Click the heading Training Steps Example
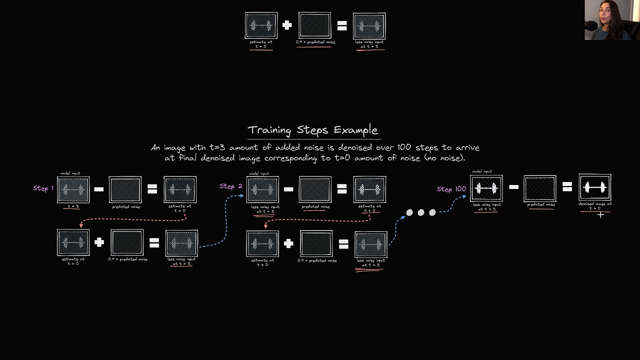click(313, 130)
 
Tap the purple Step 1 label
click(43, 188)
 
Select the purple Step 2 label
click(230, 186)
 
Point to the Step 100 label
click(451, 189)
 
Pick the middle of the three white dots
click(421, 212)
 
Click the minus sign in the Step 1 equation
click(99, 189)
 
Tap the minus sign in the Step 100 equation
click(513, 187)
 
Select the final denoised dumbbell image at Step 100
click(594, 187)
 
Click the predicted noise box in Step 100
click(540, 188)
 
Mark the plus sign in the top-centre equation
click(287, 25)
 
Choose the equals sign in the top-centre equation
click(342, 25)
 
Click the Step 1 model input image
click(73, 190)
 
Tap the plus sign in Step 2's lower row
click(288, 243)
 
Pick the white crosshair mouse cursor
click(600, 215)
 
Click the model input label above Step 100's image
click(481, 171)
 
